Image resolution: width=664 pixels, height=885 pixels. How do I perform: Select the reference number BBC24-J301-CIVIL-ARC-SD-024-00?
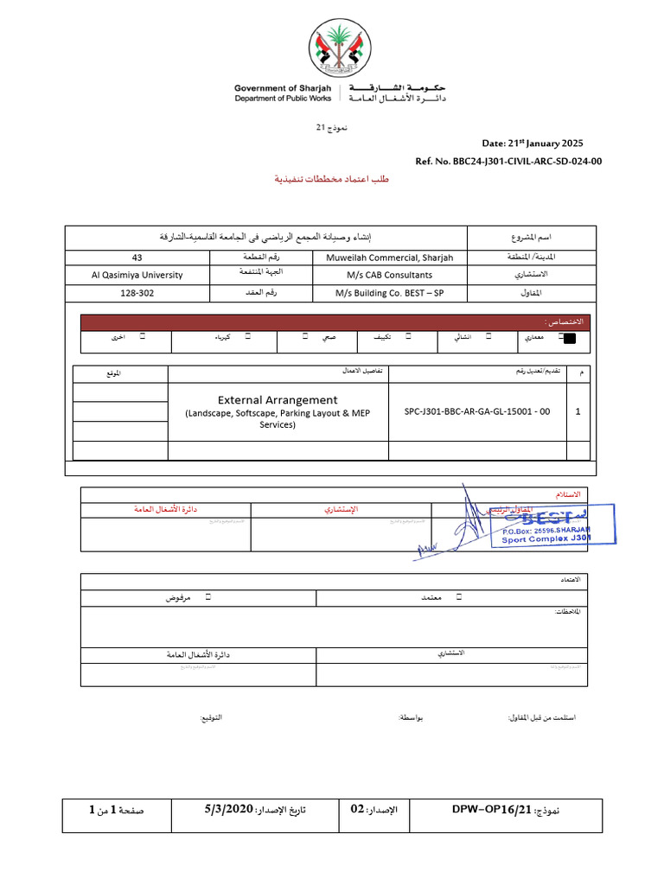point(521,161)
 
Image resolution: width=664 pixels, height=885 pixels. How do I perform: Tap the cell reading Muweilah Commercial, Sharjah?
point(389,258)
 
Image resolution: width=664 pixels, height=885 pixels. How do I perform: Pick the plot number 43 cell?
point(137,258)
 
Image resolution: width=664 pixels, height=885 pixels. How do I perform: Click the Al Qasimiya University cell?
point(137,275)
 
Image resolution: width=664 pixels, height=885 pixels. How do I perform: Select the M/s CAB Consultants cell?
point(389,275)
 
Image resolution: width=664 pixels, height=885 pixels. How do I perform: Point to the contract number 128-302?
point(137,293)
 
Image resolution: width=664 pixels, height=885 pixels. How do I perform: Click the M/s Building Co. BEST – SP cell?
point(389,293)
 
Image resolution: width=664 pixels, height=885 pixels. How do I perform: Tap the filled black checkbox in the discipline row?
point(568,339)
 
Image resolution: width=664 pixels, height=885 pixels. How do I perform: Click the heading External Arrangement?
point(278,399)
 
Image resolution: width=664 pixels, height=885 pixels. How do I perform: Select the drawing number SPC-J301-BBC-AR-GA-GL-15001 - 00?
point(477,411)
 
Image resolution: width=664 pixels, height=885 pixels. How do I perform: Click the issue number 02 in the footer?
point(357,810)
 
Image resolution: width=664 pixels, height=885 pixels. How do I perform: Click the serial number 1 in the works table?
point(578,411)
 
